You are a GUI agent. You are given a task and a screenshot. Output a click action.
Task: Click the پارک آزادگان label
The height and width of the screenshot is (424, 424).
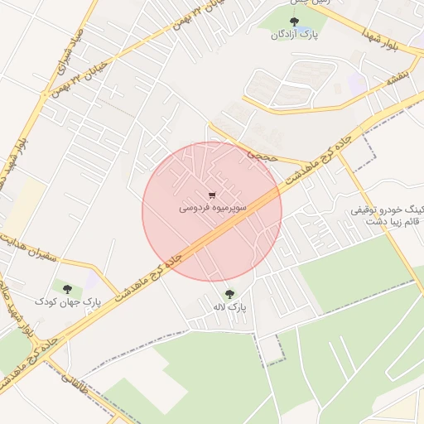coord(294,35)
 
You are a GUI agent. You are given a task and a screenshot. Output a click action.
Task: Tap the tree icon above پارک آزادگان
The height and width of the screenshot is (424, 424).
coord(294,22)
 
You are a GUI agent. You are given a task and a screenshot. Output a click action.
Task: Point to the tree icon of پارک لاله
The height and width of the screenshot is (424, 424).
coord(229,294)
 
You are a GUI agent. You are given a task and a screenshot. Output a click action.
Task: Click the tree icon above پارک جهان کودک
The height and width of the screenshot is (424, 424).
coord(67,289)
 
